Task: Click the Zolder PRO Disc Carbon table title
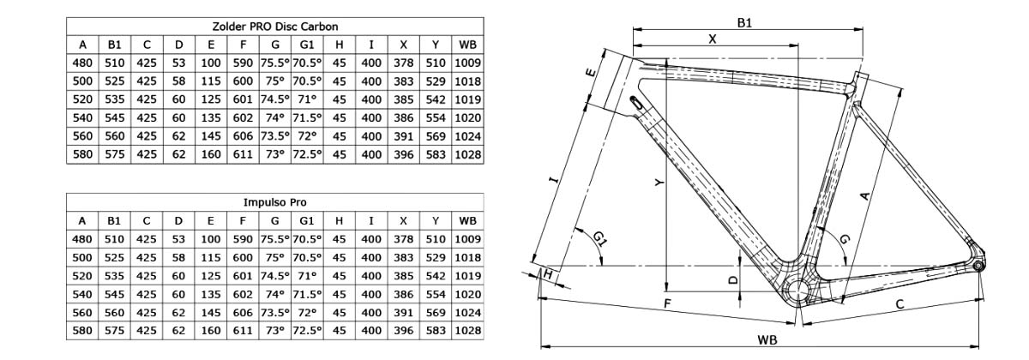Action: coord(274,27)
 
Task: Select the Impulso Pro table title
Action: coord(274,202)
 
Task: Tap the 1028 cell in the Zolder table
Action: coord(467,155)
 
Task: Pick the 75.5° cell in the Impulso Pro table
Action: coord(274,239)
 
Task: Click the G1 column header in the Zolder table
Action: coord(307,45)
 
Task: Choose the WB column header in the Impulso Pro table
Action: coord(467,221)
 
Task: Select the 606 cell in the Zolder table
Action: coord(243,136)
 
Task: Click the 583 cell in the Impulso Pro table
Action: coord(436,331)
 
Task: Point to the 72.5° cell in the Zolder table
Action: coord(307,155)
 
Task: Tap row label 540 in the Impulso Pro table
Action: coord(82,294)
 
